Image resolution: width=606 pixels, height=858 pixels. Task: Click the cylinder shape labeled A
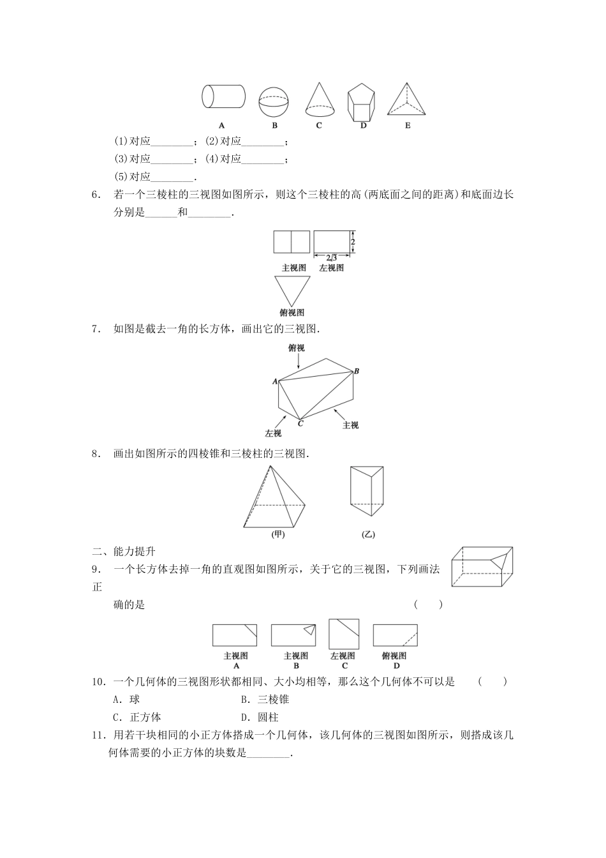tap(223, 97)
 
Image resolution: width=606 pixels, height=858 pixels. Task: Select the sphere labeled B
tap(274, 100)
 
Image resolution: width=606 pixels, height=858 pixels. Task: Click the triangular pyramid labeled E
tap(407, 99)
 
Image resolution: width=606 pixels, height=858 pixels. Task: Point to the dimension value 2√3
tap(332, 257)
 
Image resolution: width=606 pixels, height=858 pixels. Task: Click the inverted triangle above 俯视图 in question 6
tap(292, 290)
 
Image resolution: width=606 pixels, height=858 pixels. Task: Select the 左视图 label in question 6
tap(331, 268)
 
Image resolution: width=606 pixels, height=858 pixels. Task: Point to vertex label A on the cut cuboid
tap(275, 382)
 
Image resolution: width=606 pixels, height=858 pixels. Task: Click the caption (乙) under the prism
tap(368, 535)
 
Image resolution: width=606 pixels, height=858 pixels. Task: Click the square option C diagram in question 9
tap(344, 633)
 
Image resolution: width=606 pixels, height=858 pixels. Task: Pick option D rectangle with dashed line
tap(395, 635)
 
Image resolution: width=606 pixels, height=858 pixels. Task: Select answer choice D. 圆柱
tap(260, 717)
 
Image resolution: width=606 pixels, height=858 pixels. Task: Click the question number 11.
tap(99, 735)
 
